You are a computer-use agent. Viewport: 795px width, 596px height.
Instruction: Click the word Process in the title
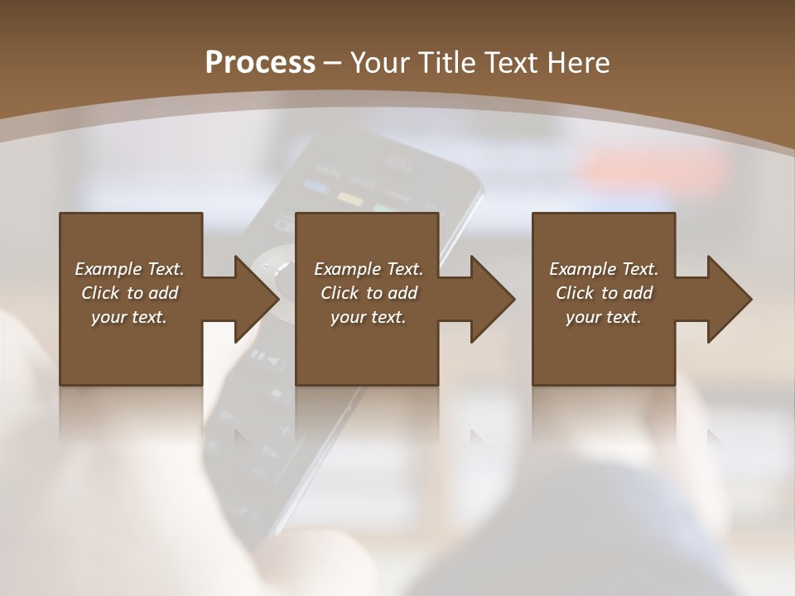click(x=260, y=63)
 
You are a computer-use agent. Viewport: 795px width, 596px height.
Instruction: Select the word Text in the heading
click(x=508, y=63)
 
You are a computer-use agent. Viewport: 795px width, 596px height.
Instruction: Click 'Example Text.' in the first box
click(x=129, y=269)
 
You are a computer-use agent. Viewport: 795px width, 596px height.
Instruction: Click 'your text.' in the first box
click(x=129, y=317)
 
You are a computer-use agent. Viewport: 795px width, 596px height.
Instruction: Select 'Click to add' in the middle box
click(x=369, y=293)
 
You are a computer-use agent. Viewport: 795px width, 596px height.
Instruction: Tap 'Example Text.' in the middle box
click(x=369, y=269)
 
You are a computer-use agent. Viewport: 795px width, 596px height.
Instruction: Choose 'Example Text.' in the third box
click(x=604, y=269)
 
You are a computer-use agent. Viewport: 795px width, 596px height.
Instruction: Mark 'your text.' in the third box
click(x=604, y=317)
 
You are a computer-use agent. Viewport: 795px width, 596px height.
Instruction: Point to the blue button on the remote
click(x=315, y=186)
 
